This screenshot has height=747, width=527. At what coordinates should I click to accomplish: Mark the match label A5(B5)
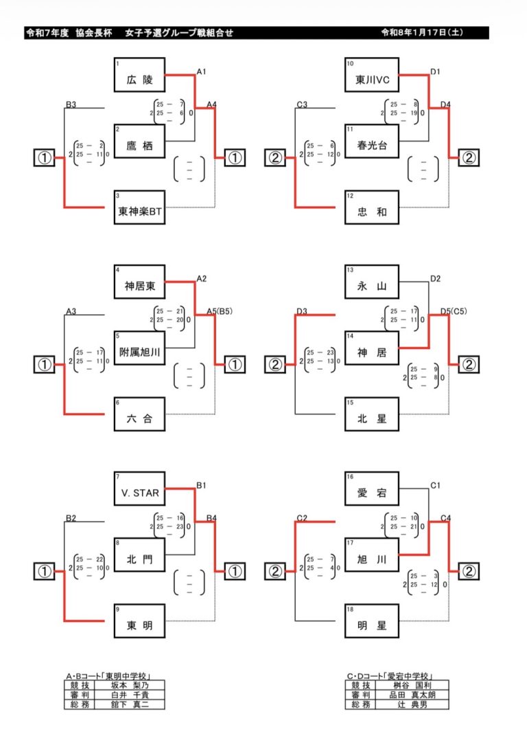pyautogui.click(x=220, y=311)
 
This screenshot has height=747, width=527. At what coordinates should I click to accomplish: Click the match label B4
pyautogui.click(x=212, y=517)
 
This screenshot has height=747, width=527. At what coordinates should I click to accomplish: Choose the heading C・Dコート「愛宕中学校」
pyautogui.click(x=393, y=676)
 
